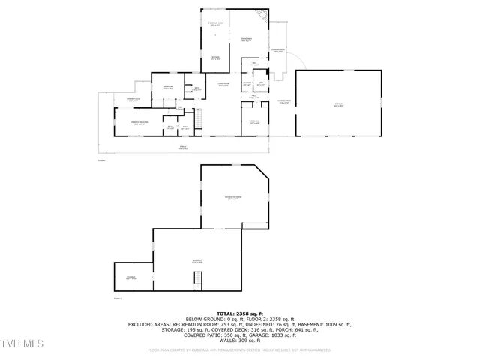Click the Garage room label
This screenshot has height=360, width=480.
point(339,106)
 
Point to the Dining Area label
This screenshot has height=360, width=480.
point(246,39)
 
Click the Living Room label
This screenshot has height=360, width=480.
point(223,84)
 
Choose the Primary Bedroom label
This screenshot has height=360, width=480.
point(140,123)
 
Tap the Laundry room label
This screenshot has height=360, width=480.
point(247,84)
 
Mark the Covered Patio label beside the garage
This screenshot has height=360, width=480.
point(283,102)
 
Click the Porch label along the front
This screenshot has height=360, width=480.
point(182,148)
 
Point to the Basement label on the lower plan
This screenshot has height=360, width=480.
point(197,261)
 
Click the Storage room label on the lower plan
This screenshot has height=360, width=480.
point(131,277)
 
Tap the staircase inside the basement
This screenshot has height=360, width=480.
point(198,279)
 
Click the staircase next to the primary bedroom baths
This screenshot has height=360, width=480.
point(199,118)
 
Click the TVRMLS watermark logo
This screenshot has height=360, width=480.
point(22,344)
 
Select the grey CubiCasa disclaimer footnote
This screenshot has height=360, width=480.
point(240,349)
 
